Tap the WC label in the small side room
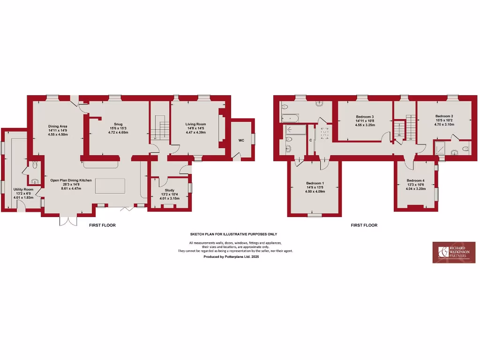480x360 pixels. (241, 140)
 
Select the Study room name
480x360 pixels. (169, 190)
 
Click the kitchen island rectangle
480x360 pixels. (111, 185)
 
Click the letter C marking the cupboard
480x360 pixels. (311, 140)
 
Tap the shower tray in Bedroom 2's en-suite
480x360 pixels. (440, 149)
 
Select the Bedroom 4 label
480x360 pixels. (415, 180)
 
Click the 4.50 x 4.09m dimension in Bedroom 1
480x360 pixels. (315, 191)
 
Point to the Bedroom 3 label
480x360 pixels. (364, 116)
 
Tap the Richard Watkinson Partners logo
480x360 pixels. (453, 252)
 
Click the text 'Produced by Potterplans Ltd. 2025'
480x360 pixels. (231, 257)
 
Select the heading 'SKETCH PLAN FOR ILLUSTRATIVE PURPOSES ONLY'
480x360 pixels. (233, 233)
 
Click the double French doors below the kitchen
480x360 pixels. (67, 221)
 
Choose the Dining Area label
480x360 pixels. (58, 126)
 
